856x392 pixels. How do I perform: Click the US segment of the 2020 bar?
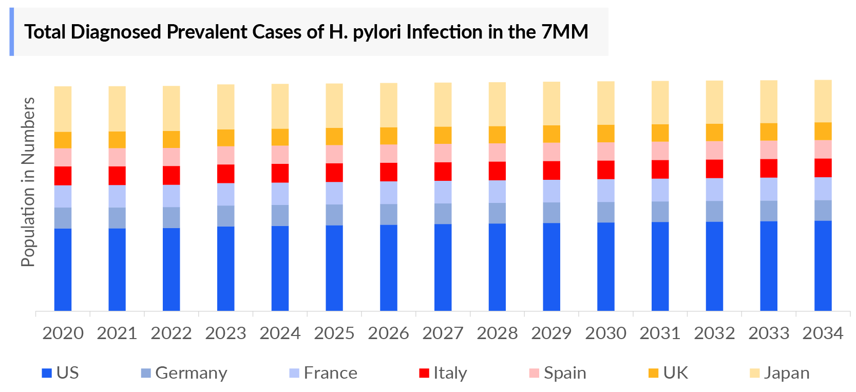63,269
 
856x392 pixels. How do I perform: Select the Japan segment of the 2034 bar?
823,101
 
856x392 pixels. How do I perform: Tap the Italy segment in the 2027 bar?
443,172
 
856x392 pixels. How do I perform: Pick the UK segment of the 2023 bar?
225,138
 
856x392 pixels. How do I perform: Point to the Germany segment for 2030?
605,212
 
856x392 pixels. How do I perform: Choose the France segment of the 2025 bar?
334,193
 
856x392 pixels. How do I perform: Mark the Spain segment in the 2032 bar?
714,150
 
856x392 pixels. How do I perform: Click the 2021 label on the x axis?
117,333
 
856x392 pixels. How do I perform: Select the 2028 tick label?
497,333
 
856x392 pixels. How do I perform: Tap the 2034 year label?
823,333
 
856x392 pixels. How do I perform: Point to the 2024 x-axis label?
280,333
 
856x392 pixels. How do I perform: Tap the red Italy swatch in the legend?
424,374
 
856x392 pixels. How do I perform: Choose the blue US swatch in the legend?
47,374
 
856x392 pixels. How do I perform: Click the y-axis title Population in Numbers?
28,182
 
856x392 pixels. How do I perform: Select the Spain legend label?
565,373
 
